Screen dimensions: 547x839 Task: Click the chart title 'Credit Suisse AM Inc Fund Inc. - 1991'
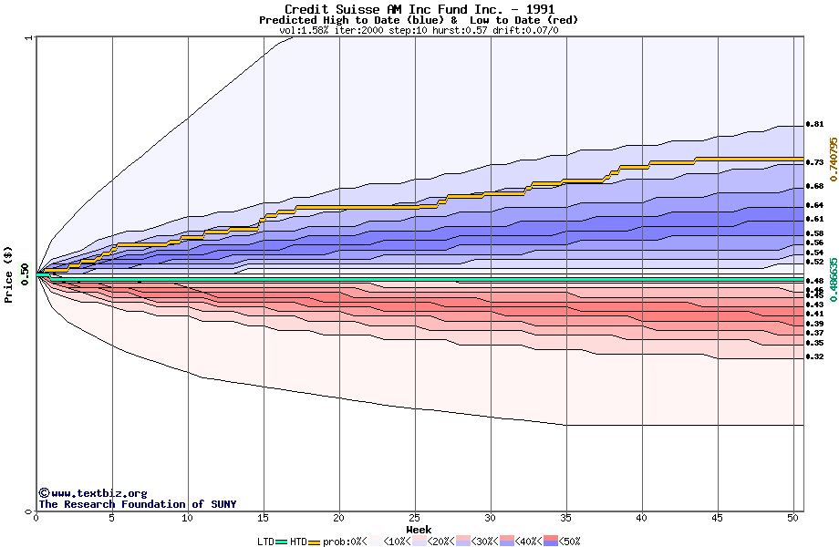(x=419, y=9)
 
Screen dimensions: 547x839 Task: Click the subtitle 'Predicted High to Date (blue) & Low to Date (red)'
(x=419, y=20)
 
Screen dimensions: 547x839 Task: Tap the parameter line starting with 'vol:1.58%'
(x=419, y=30)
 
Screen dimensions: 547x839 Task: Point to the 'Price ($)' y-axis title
(x=9, y=274)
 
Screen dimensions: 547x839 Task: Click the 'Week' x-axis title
(x=419, y=530)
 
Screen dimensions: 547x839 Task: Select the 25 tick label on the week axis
(x=415, y=519)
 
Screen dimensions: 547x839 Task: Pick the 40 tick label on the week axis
(x=642, y=519)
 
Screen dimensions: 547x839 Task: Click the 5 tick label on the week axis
(x=112, y=519)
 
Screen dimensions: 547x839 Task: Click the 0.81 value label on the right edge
(x=815, y=124)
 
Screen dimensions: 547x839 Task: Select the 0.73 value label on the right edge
(x=815, y=162)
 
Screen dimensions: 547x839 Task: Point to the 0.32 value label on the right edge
(x=815, y=356)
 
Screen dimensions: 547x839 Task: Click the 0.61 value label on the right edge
(x=815, y=219)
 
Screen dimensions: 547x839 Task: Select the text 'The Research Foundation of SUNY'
(x=137, y=504)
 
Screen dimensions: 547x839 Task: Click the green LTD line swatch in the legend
(x=281, y=542)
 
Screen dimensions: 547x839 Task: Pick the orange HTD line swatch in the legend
(x=315, y=542)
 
